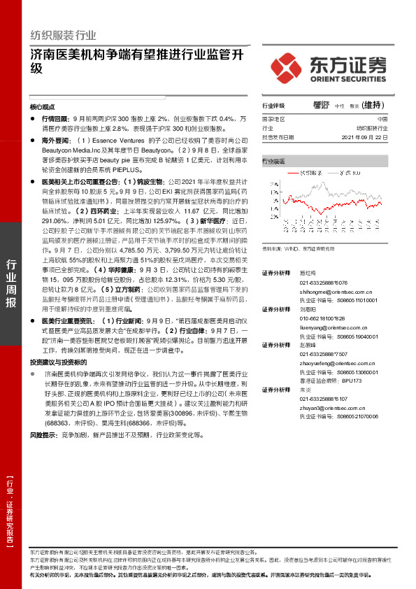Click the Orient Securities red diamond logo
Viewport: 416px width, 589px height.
(287, 66)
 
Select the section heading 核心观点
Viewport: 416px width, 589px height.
(43, 107)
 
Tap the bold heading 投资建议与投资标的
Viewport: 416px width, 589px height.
(58, 363)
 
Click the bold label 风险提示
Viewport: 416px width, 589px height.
(43, 434)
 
